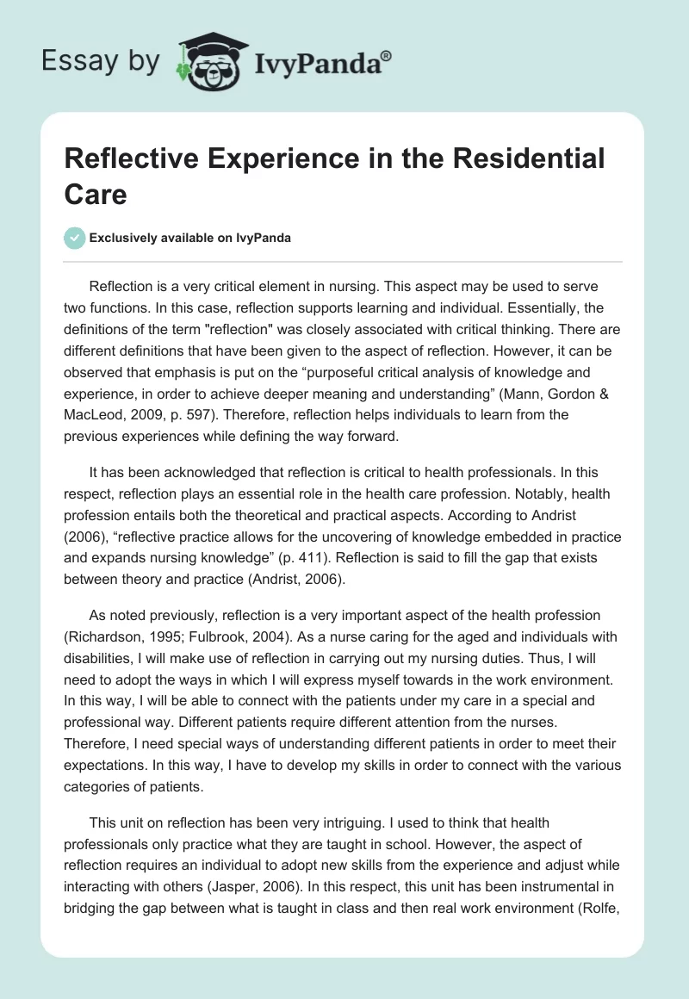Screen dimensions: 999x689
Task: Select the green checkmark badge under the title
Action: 75,238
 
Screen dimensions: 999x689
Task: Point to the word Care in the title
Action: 96,194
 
